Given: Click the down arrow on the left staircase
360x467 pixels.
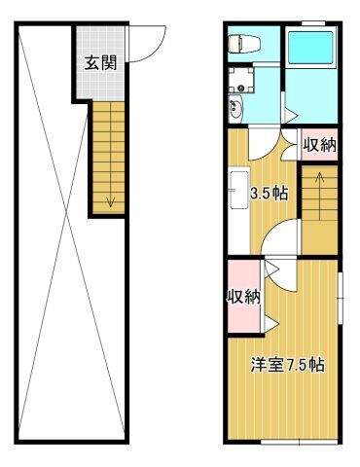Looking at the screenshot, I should [x=109, y=200].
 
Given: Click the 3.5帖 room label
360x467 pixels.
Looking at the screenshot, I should [x=269, y=193].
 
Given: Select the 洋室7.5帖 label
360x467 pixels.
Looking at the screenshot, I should [x=287, y=366].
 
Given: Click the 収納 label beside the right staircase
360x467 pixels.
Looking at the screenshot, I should [x=319, y=146].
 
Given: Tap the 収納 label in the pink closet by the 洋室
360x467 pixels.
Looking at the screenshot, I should [x=243, y=297].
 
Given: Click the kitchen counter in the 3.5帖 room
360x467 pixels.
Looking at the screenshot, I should [x=235, y=190].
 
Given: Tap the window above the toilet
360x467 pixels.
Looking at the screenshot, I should [x=239, y=23].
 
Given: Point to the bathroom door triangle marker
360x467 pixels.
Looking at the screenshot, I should [x=291, y=114].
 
